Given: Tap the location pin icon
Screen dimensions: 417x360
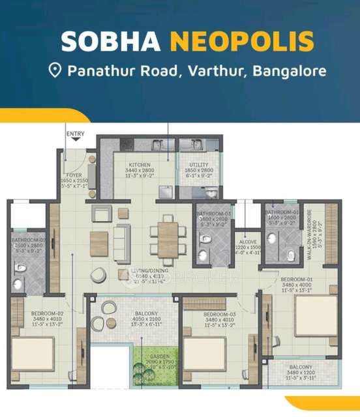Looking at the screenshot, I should [55, 70].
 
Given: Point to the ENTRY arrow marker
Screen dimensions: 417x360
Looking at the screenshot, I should [76, 139].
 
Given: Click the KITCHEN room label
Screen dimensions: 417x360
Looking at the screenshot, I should [140, 165].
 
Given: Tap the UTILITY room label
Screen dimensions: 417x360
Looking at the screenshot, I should [198, 165].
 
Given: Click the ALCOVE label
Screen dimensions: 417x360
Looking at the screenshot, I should [248, 240].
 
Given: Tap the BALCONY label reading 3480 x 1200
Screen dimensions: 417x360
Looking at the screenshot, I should [301, 367].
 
